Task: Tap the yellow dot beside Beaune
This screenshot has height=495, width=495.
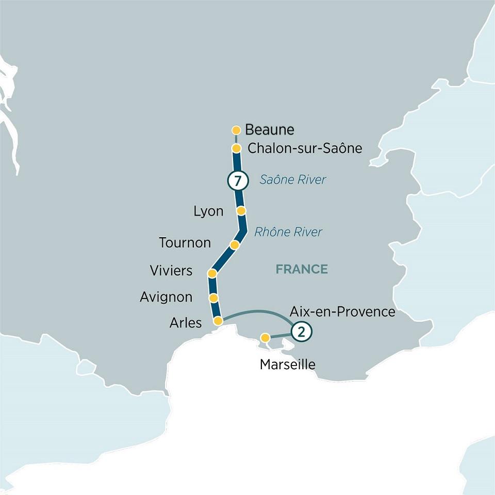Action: [x=237, y=130]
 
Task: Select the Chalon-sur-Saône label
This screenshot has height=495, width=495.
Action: [x=305, y=148]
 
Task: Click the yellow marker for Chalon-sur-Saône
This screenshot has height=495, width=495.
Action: [x=237, y=148]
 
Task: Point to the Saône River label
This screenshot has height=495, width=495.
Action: [x=293, y=180]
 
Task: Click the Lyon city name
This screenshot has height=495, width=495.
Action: [x=208, y=211]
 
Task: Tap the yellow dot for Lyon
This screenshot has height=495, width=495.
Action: [x=241, y=210]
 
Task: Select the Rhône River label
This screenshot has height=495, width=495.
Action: [x=288, y=232]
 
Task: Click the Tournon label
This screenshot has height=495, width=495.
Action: [x=185, y=242]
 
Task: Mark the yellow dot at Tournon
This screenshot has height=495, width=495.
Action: [x=235, y=245]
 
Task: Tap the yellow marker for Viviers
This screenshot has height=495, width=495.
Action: [x=211, y=273]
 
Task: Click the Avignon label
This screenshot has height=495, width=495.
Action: [x=166, y=297]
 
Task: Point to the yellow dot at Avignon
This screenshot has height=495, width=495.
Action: [x=213, y=298]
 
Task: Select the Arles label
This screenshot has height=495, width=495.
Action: [x=186, y=323]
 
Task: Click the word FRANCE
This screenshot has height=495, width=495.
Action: [x=302, y=269]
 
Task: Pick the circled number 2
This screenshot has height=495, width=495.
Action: [x=302, y=332]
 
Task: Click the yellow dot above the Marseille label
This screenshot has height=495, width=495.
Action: [x=265, y=338]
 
